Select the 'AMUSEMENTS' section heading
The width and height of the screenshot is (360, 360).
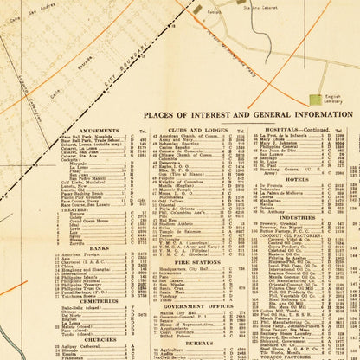99,132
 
